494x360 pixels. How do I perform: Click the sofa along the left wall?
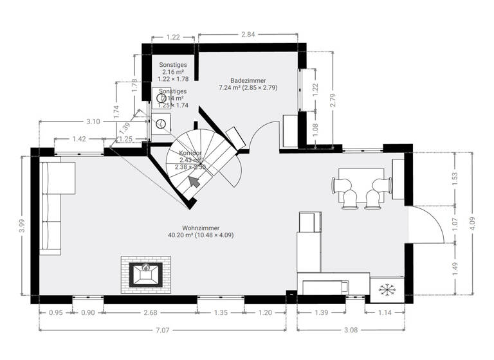[x=53, y=207]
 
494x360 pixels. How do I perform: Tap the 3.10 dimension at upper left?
[x=93, y=121]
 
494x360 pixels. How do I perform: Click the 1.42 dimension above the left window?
[x=79, y=139]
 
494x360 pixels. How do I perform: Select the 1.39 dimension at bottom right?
[x=323, y=313]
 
